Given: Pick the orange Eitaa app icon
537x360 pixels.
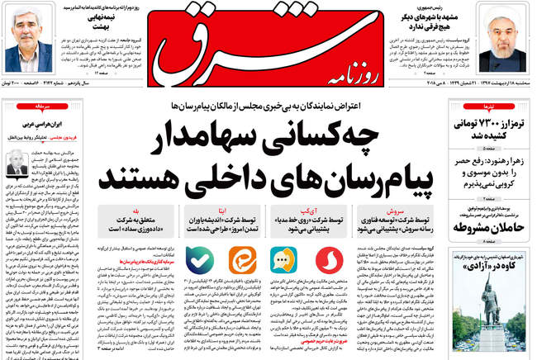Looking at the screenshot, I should pos(240,261).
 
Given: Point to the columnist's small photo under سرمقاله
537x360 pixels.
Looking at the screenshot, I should pos(14,162).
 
